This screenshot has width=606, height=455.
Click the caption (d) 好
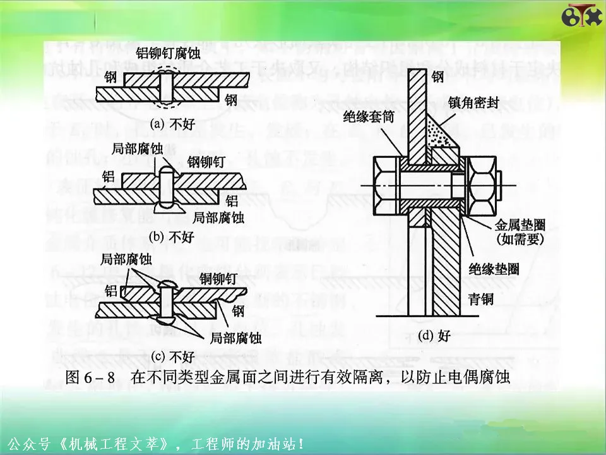tap(434, 336)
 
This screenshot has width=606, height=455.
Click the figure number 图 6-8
tap(90, 377)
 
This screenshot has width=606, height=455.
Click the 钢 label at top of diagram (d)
tap(438, 77)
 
